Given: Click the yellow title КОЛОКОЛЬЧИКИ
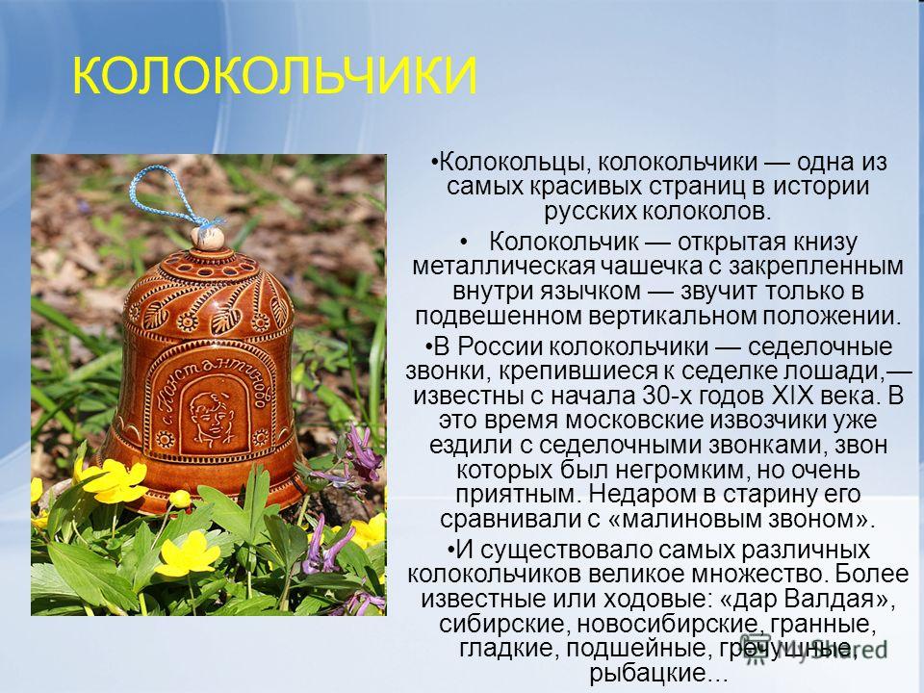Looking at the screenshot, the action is [x=274, y=76].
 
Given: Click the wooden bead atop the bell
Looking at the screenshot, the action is [x=208, y=238].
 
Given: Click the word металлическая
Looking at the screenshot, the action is [x=502, y=267].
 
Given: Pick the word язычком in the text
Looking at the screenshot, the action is [x=590, y=291].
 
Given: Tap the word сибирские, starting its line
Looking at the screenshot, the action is [x=504, y=624].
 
